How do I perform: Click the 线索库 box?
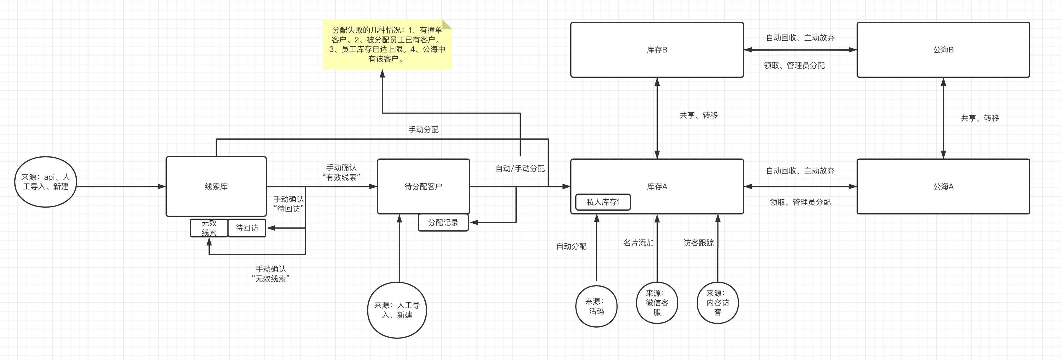pyautogui.click(x=216, y=186)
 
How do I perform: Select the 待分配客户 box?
pyautogui.click(x=423, y=186)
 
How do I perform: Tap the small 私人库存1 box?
pyautogui.click(x=603, y=202)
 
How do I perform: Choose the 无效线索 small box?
pyautogui.click(x=209, y=228)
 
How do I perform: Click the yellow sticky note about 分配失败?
pyautogui.click(x=387, y=44)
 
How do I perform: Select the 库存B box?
pyautogui.click(x=657, y=50)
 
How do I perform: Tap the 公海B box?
pyautogui.click(x=943, y=50)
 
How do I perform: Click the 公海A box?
pyautogui.click(x=943, y=186)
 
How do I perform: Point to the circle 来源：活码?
pyautogui.click(x=596, y=306)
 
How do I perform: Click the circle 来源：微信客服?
pyautogui.click(x=657, y=303)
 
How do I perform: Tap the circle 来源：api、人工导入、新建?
pyautogui.click(x=45, y=182)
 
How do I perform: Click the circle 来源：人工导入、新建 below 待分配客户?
pyautogui.click(x=397, y=310)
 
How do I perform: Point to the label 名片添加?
pyautogui.click(x=638, y=243)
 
